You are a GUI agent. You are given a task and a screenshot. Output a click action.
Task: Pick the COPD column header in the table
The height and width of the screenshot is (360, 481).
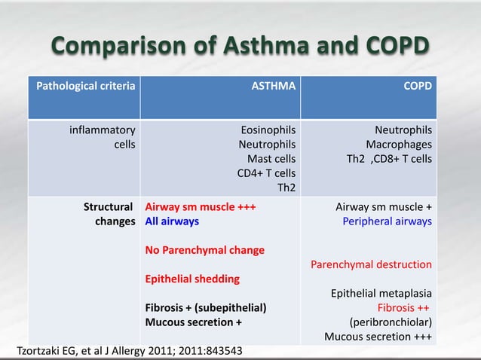point(418,87)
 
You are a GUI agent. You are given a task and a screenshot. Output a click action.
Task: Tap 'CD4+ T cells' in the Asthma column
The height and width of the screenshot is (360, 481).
point(266,173)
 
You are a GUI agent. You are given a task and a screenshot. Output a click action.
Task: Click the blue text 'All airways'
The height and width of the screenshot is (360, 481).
point(173,221)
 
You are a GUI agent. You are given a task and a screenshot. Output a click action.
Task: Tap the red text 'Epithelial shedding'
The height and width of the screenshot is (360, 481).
point(192,279)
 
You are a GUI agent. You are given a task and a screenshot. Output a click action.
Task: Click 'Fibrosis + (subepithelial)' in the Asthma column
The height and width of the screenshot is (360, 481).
point(206,307)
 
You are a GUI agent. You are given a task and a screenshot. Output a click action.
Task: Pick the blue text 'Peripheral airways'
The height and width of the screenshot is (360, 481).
point(387,221)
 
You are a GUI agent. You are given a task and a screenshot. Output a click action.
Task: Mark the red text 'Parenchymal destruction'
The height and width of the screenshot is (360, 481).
point(371,264)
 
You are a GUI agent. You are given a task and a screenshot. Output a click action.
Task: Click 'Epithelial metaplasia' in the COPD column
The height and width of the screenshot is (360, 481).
point(381,293)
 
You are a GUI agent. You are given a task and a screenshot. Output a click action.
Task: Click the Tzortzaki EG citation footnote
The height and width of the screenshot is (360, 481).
point(130,351)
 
